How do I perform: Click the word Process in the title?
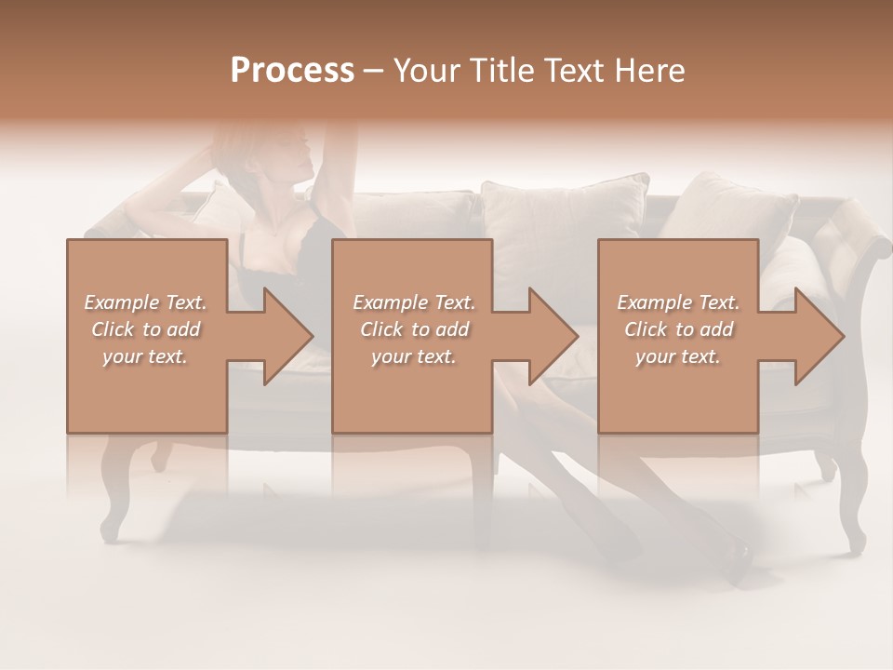(x=292, y=71)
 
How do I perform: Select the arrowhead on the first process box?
(x=285, y=336)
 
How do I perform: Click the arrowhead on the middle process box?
(x=550, y=336)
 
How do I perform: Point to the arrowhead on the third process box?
(x=816, y=336)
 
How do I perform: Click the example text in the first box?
(x=146, y=329)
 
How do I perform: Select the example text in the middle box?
(x=413, y=329)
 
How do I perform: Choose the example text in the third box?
(x=678, y=329)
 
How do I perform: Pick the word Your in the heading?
(x=424, y=71)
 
